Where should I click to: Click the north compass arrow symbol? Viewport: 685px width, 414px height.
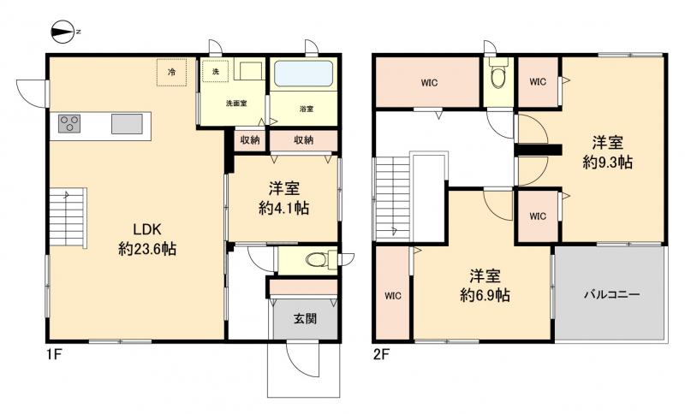[x=63, y=32]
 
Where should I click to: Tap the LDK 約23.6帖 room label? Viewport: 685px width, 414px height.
[x=147, y=239]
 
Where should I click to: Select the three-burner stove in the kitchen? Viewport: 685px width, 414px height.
[x=69, y=123]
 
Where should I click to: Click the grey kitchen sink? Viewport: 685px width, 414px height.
[x=127, y=123]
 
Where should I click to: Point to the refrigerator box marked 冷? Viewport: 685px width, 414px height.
[x=172, y=73]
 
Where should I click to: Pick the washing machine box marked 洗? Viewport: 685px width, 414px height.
[x=216, y=72]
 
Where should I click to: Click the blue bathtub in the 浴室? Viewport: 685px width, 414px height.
[x=304, y=74]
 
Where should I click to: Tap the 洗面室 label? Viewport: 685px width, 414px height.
[x=236, y=103]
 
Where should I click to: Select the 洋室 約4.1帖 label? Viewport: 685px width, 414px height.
[x=284, y=198]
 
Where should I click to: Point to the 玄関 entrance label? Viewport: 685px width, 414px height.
[x=305, y=319]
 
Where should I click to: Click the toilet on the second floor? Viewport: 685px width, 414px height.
[x=498, y=74]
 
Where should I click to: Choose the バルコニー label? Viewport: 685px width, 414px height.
[x=612, y=295]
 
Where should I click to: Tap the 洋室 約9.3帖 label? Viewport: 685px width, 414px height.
[x=608, y=153]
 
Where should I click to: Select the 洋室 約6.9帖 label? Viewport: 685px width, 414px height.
[x=485, y=287]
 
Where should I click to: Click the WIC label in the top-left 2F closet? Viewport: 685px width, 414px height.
[x=430, y=83]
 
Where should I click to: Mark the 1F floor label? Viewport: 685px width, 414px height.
[x=55, y=355]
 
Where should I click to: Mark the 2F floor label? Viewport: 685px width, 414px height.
[x=381, y=355]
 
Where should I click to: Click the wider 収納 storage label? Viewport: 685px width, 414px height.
[x=303, y=140]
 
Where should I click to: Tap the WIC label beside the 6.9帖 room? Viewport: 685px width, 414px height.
[x=393, y=296]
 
